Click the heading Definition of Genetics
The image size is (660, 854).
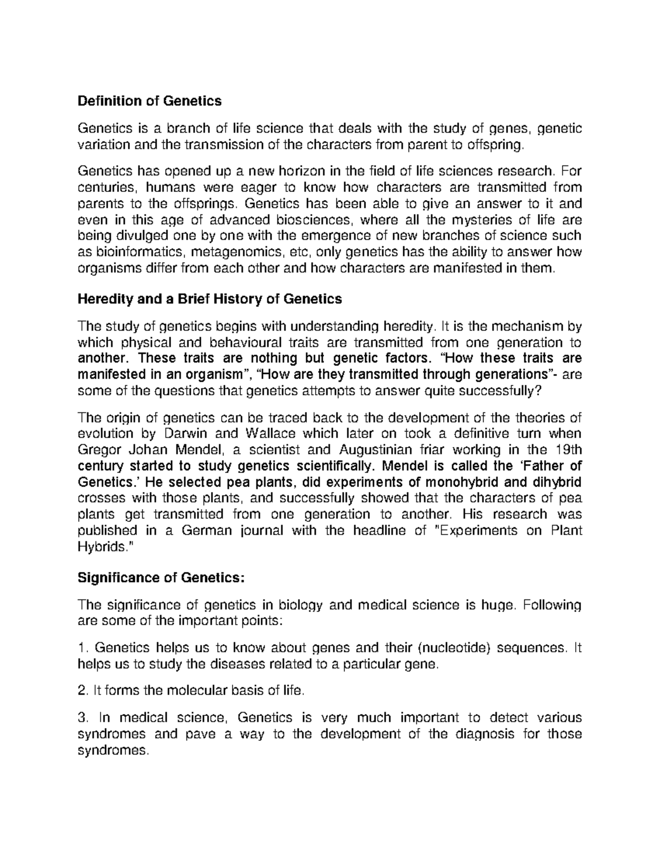point(150,101)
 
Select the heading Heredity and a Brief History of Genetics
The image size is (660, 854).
point(210,299)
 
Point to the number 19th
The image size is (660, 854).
point(566,450)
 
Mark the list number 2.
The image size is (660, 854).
point(82,691)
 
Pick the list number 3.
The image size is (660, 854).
point(82,718)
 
